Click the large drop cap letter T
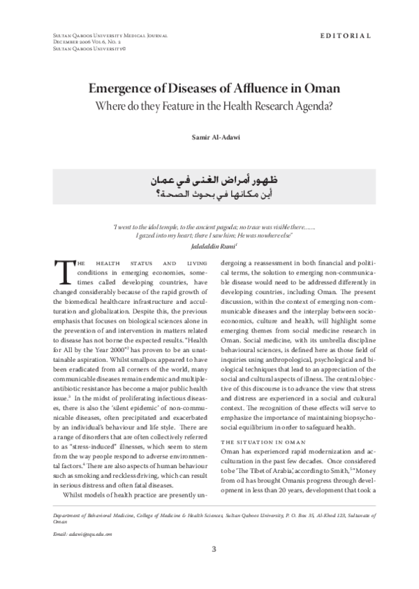pyautogui.click(x=61, y=272)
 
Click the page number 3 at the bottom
pyautogui.click(x=214, y=548)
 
